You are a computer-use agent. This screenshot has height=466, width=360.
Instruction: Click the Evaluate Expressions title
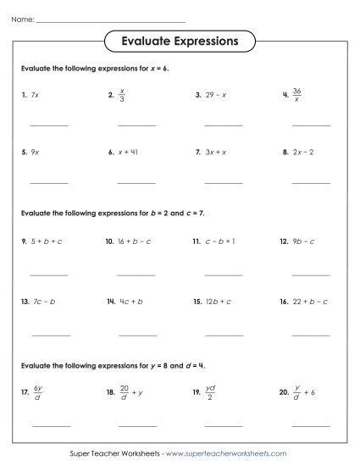(180, 40)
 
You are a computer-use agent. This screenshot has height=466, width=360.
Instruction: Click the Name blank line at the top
(110, 19)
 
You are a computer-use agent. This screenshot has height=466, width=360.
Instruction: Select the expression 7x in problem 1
(34, 96)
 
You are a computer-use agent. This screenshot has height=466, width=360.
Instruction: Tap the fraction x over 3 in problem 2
(123, 95)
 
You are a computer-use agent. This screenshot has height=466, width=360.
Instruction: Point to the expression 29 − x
(218, 96)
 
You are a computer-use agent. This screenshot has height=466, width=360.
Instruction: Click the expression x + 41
(130, 153)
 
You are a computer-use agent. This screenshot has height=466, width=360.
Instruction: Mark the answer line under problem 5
(49, 183)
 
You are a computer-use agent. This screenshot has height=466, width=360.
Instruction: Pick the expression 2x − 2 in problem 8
(304, 153)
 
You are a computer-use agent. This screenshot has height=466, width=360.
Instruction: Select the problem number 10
(109, 241)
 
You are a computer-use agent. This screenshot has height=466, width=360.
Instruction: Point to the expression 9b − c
(304, 241)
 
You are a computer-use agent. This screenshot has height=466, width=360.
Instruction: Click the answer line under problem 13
(49, 335)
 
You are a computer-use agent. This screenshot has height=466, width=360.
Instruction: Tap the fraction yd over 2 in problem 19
(209, 392)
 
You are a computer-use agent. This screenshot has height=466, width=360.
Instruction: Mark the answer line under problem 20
(311, 424)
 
